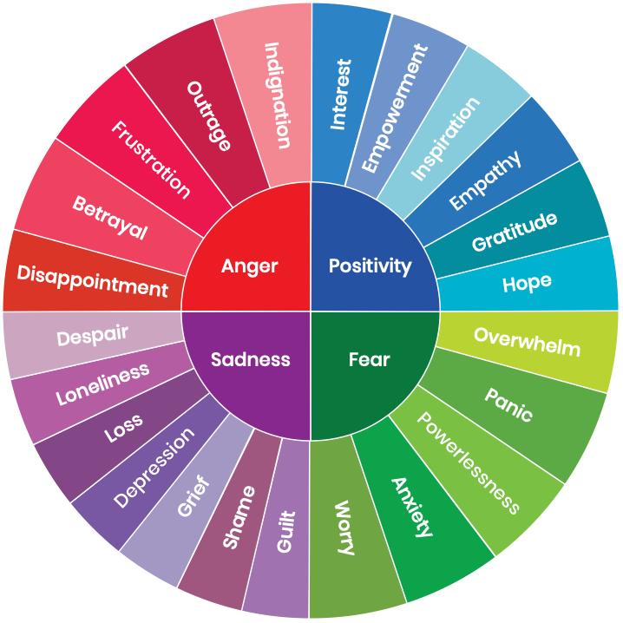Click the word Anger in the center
point(249,266)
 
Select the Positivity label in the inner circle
point(371,266)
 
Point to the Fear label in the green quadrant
point(369,358)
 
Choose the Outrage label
point(209,116)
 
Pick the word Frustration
point(150,159)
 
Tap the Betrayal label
point(110,219)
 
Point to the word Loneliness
point(103,384)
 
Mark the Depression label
point(154,469)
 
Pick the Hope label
point(527,283)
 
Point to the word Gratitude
point(515,233)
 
